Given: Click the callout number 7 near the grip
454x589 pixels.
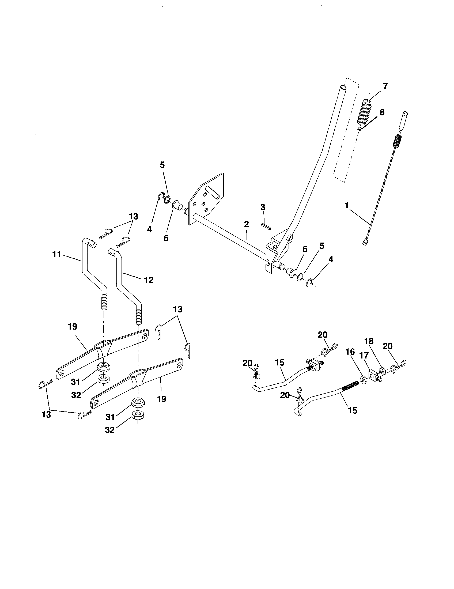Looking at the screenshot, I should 385,86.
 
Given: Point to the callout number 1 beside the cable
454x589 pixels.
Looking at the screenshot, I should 346,206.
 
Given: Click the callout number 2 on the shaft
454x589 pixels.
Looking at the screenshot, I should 247,224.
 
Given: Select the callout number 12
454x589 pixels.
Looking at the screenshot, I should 149,280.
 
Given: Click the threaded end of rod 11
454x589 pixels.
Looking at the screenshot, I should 104,302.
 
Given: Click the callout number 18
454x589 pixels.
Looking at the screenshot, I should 369,341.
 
